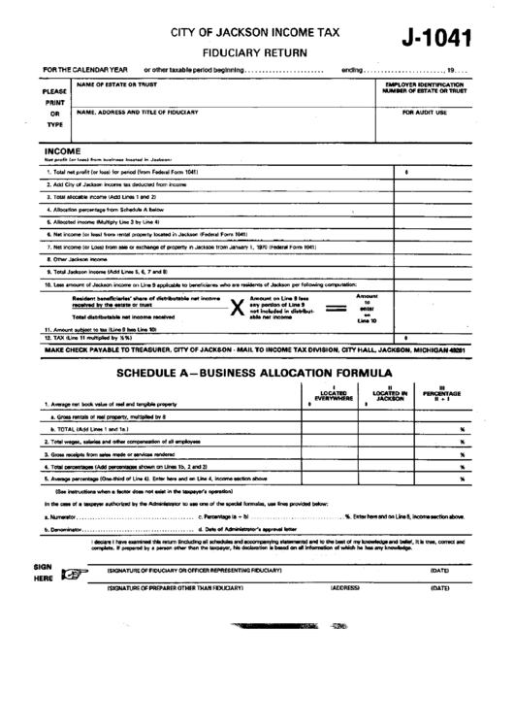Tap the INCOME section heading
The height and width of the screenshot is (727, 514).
tap(62, 152)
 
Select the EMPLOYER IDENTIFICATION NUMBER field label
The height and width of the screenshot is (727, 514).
tap(424, 88)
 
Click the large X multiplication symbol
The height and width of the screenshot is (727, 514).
tap(235, 308)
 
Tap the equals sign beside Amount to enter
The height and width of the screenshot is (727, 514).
tap(335, 308)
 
